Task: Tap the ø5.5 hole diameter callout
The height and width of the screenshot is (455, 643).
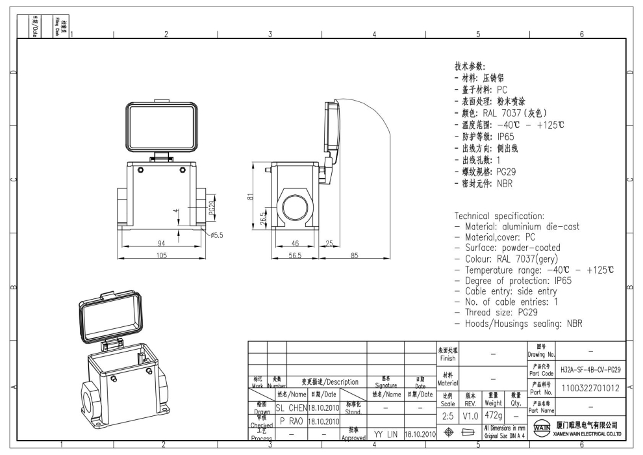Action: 215,235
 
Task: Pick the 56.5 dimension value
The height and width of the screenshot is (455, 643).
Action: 296,255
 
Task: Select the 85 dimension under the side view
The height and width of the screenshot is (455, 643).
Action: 355,255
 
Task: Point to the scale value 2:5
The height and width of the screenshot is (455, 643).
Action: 448,413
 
